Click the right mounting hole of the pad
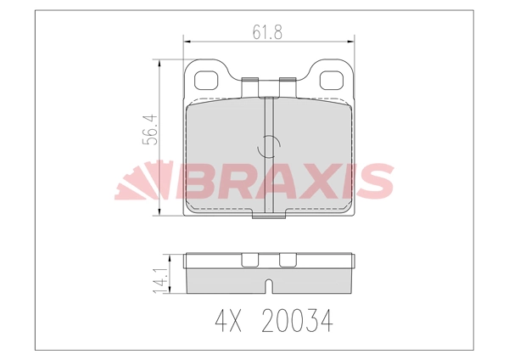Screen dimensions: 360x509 pyautogui.click(x=331, y=79)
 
